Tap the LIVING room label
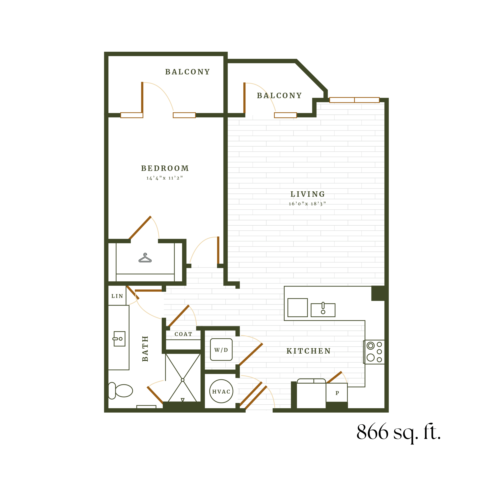307,194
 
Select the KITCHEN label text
308,351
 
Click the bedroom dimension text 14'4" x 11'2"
164,178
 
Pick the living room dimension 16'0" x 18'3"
307,204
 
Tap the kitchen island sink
323,310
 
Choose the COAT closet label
183,334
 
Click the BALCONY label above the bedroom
188,72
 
